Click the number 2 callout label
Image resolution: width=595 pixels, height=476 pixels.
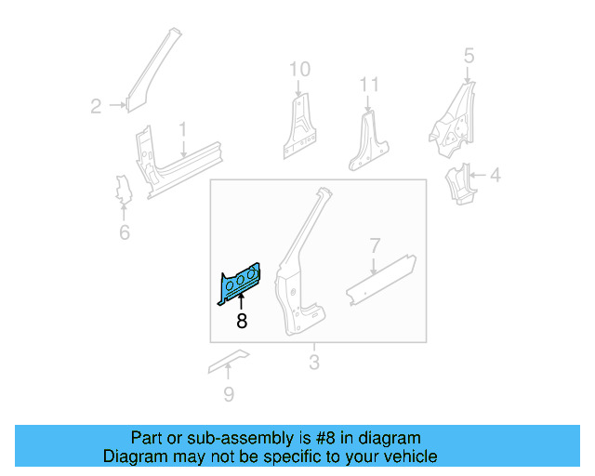point(96,106)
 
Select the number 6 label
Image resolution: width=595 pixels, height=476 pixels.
point(125,231)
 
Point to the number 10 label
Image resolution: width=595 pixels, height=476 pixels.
point(298,69)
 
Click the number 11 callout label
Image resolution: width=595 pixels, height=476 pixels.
point(370,86)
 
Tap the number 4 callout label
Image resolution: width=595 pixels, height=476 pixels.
point(495,174)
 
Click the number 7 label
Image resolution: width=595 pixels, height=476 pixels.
point(375,246)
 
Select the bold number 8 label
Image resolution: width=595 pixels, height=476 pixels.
point(242,322)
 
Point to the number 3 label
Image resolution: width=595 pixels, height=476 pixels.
point(314,362)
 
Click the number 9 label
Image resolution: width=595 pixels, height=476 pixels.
point(229,395)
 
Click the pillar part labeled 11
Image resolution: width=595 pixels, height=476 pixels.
point(369,139)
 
